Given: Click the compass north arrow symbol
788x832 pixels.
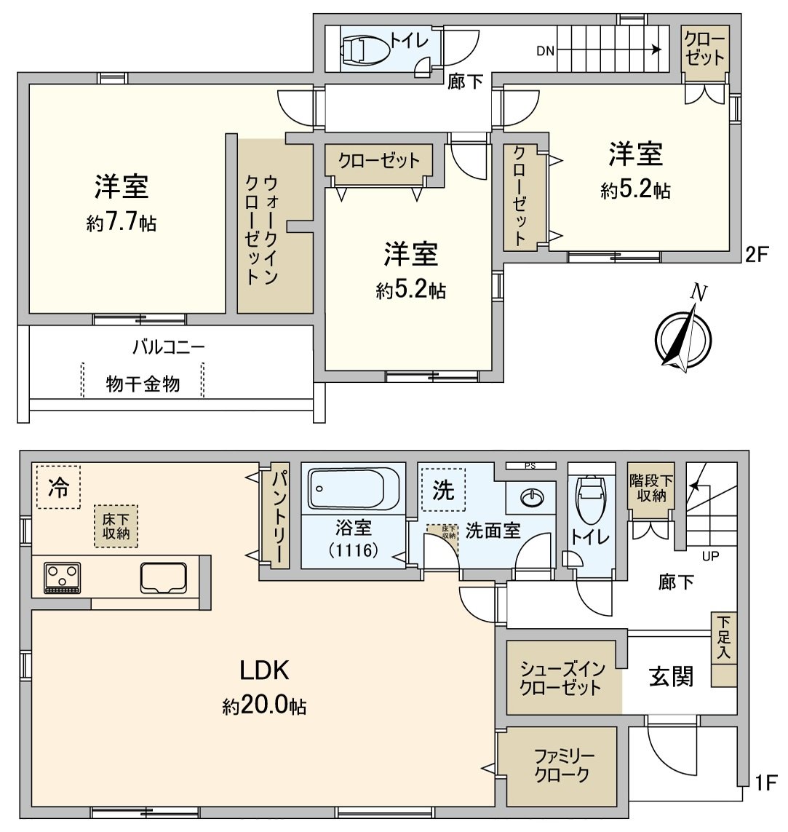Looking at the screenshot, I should [683, 334].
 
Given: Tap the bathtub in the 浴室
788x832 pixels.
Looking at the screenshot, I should [354, 489].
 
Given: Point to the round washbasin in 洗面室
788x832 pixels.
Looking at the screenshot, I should [533, 497].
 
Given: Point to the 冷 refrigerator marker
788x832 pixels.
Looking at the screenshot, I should [58, 488].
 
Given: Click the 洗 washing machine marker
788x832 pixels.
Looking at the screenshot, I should [442, 490].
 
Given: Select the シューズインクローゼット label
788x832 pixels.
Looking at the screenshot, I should [561, 678].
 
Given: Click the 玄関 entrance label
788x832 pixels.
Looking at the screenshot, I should [671, 677].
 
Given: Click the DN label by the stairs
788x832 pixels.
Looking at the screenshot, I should [546, 51].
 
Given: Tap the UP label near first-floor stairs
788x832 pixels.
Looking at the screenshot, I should [710, 556].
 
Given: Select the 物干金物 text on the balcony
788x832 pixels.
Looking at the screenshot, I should [143, 384].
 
